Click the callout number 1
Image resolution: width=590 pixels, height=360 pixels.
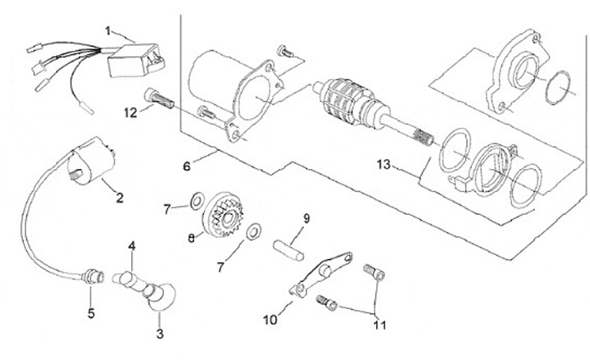tap(108, 31)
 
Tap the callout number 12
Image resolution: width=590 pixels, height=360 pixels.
tap(130, 112)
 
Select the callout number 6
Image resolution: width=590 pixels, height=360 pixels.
tap(187, 166)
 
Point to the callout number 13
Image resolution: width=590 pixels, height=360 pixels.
tap(383, 165)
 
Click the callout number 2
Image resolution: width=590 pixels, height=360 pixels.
tap(120, 198)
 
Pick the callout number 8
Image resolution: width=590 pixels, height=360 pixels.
tap(192, 238)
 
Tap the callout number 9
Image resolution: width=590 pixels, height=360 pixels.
tap(306, 218)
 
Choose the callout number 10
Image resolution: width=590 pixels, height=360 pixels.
tap(270, 320)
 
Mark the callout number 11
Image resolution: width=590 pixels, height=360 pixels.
tap(379, 325)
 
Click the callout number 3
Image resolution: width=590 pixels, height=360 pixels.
tap(160, 333)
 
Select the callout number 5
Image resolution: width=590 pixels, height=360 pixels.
tap(91, 313)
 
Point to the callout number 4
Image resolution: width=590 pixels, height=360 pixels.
tap(131, 246)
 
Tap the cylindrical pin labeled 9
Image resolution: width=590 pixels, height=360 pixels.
tap(288, 250)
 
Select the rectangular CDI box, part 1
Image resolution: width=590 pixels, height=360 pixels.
tap(136, 60)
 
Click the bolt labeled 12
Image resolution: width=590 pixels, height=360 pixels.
tap(159, 98)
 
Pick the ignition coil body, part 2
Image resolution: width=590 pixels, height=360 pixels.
tap(92, 162)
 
